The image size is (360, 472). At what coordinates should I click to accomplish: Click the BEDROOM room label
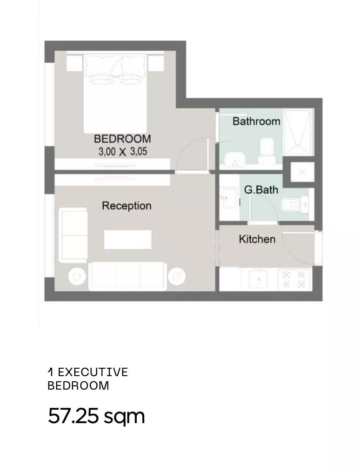click(x=122, y=139)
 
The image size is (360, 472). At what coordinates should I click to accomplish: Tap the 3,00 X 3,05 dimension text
click(x=123, y=152)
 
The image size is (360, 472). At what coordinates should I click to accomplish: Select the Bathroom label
click(x=256, y=121)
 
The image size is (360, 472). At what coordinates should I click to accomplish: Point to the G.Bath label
click(x=261, y=189)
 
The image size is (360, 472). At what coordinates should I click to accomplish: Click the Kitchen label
click(x=257, y=239)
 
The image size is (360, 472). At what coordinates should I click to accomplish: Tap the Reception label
click(x=127, y=206)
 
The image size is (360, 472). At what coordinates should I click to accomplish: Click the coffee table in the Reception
click(x=128, y=240)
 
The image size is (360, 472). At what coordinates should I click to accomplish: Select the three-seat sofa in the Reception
click(x=128, y=276)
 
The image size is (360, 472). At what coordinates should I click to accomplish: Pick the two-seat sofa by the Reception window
click(x=73, y=235)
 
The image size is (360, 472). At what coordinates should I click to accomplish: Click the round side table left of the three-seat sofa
click(x=77, y=276)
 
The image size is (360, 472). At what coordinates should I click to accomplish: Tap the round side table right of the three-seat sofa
click(x=177, y=276)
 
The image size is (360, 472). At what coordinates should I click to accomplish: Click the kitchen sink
click(x=258, y=279)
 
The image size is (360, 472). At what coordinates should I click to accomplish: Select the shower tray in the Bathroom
click(x=298, y=133)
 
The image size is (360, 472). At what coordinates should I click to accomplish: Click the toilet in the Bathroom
click(x=266, y=151)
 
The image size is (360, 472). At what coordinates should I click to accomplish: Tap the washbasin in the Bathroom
click(x=236, y=159)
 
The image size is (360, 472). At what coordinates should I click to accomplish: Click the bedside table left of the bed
click(x=74, y=63)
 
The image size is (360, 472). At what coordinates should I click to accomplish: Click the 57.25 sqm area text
click(x=96, y=417)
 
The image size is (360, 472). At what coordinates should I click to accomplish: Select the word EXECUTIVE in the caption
click(x=93, y=372)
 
